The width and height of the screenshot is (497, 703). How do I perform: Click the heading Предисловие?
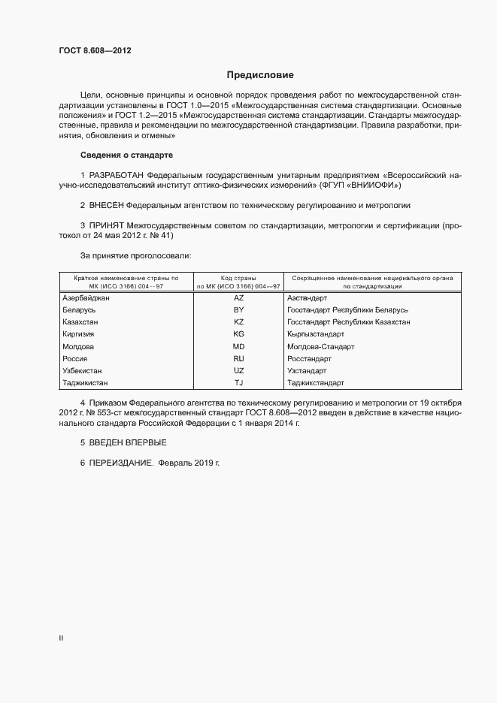260,75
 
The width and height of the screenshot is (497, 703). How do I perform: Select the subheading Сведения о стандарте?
126,155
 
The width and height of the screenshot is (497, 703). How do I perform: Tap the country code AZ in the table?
239,298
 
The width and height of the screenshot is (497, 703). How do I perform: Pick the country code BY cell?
239,310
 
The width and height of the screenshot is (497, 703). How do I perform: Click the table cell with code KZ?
239,322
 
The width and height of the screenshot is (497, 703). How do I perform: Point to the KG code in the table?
239,334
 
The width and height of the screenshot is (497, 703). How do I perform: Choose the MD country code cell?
239,347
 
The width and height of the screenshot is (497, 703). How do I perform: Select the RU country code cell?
239,359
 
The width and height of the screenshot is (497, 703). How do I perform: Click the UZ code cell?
239,371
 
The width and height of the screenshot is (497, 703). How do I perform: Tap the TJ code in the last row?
239,383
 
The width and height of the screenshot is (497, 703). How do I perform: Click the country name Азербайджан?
86,298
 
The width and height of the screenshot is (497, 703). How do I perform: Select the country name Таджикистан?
85,383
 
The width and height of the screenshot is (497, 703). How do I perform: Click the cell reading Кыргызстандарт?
316,334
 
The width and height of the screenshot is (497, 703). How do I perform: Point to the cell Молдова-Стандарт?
320,347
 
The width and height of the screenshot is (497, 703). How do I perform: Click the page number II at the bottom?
61,638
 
